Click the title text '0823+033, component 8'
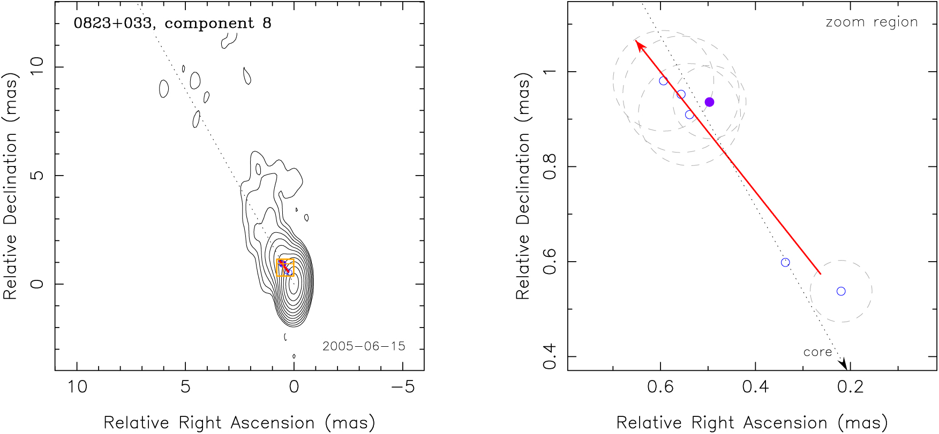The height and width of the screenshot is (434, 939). point(172,24)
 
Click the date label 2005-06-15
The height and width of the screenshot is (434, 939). point(364,346)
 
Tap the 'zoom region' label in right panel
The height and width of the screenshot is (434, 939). point(872,22)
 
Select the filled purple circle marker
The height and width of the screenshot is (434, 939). point(709,102)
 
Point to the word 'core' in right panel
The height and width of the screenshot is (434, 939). point(817,352)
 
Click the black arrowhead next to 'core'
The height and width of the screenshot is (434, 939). point(844,364)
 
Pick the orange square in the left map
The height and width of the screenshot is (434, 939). point(285,268)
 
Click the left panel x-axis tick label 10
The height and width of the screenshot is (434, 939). point(77,386)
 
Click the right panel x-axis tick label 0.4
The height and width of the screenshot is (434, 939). point(755,386)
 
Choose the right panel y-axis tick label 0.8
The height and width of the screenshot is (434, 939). point(550,167)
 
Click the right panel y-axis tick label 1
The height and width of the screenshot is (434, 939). point(550,72)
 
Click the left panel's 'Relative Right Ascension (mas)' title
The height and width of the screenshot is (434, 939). point(239,423)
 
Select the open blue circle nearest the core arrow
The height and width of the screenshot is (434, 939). point(841,291)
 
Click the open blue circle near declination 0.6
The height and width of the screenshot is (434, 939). point(785,262)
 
